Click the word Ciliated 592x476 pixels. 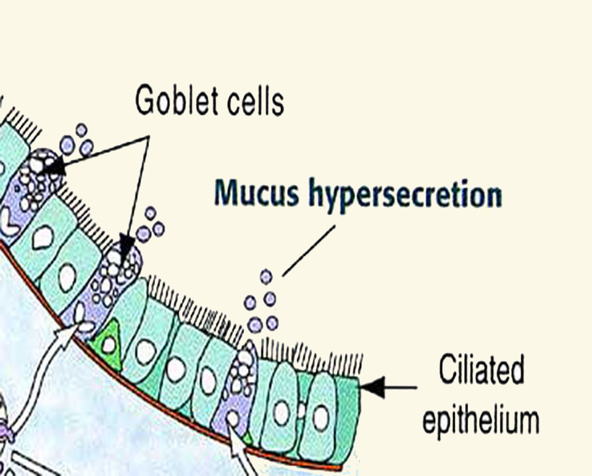pos(481,370)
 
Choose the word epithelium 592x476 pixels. pos(480,419)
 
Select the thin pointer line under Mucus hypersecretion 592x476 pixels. pos(309,250)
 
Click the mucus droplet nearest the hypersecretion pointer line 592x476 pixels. pos(266,277)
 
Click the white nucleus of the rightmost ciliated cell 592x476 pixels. pos(321,417)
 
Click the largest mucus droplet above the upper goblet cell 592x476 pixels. pos(67,145)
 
